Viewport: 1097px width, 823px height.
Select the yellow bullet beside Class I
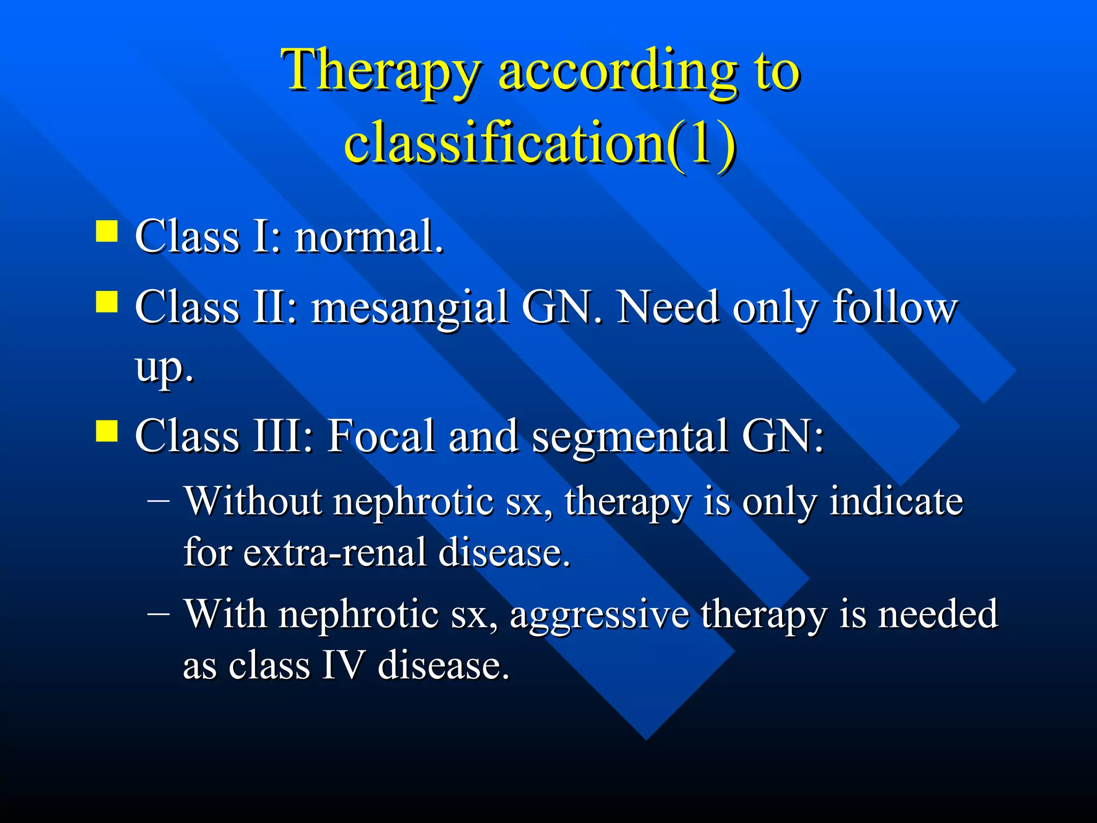107,232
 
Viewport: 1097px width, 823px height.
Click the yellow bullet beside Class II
107,302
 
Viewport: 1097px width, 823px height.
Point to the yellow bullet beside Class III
107,431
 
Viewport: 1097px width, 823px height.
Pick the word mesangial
410,308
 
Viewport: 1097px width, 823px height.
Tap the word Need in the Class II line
667,308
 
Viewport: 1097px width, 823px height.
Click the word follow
895,308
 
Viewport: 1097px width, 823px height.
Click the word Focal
381,436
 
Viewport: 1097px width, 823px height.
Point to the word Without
254,502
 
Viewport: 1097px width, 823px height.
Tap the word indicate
896,502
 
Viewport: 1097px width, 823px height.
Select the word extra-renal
335,552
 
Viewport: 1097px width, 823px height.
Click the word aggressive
599,615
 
